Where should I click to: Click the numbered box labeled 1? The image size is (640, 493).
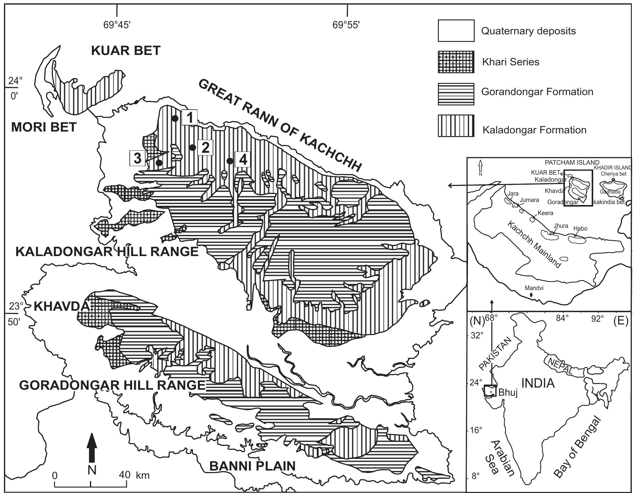tap(190, 117)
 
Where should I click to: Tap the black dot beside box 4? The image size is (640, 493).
tap(230, 161)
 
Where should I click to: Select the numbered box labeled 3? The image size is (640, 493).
tap(137, 158)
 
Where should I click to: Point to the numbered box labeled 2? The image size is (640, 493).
tap(205, 147)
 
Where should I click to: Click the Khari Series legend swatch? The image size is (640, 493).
tap(456, 62)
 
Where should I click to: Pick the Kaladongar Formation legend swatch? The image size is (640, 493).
tap(456, 125)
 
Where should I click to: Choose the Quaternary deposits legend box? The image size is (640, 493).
tap(456, 31)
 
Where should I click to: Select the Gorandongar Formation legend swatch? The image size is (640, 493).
tap(456, 94)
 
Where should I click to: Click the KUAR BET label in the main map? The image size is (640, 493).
tap(126, 51)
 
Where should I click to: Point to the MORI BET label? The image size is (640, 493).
tap(44, 127)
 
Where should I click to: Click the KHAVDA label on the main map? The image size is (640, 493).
tap(61, 306)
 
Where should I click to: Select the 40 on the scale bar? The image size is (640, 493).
tap(125, 474)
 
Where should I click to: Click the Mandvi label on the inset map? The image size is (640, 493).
tap(534, 288)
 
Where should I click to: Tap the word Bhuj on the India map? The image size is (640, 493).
tap(508, 392)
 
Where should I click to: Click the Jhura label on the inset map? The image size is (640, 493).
tap(561, 226)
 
